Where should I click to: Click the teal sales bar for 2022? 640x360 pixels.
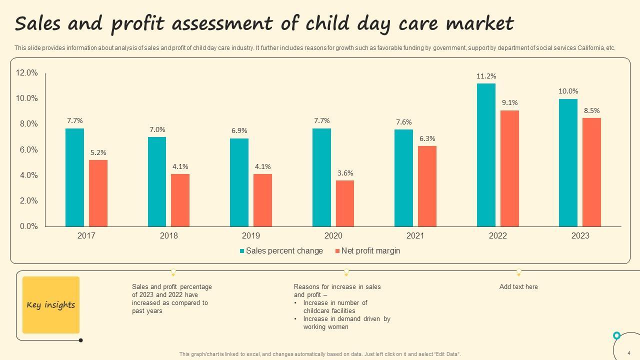point(486,155)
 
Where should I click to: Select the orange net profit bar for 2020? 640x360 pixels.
point(345,203)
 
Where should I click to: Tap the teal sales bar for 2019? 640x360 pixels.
point(239,182)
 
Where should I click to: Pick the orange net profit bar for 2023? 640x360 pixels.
point(591,172)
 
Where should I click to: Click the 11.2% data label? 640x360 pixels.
point(486,76)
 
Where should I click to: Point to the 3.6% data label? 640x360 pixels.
point(345,173)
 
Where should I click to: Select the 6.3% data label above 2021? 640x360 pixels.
point(427,139)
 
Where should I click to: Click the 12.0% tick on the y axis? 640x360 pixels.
point(27,73)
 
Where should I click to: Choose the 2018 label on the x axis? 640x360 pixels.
point(168,236)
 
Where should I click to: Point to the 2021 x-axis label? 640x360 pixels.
point(415,236)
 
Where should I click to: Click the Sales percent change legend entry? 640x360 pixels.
point(281,251)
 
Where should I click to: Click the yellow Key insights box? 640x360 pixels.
point(51,305)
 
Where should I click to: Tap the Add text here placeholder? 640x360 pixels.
point(518,287)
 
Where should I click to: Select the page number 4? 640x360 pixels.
point(628,353)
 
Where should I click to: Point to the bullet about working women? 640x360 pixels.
point(346,323)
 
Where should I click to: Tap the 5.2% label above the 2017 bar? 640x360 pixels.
point(98,153)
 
